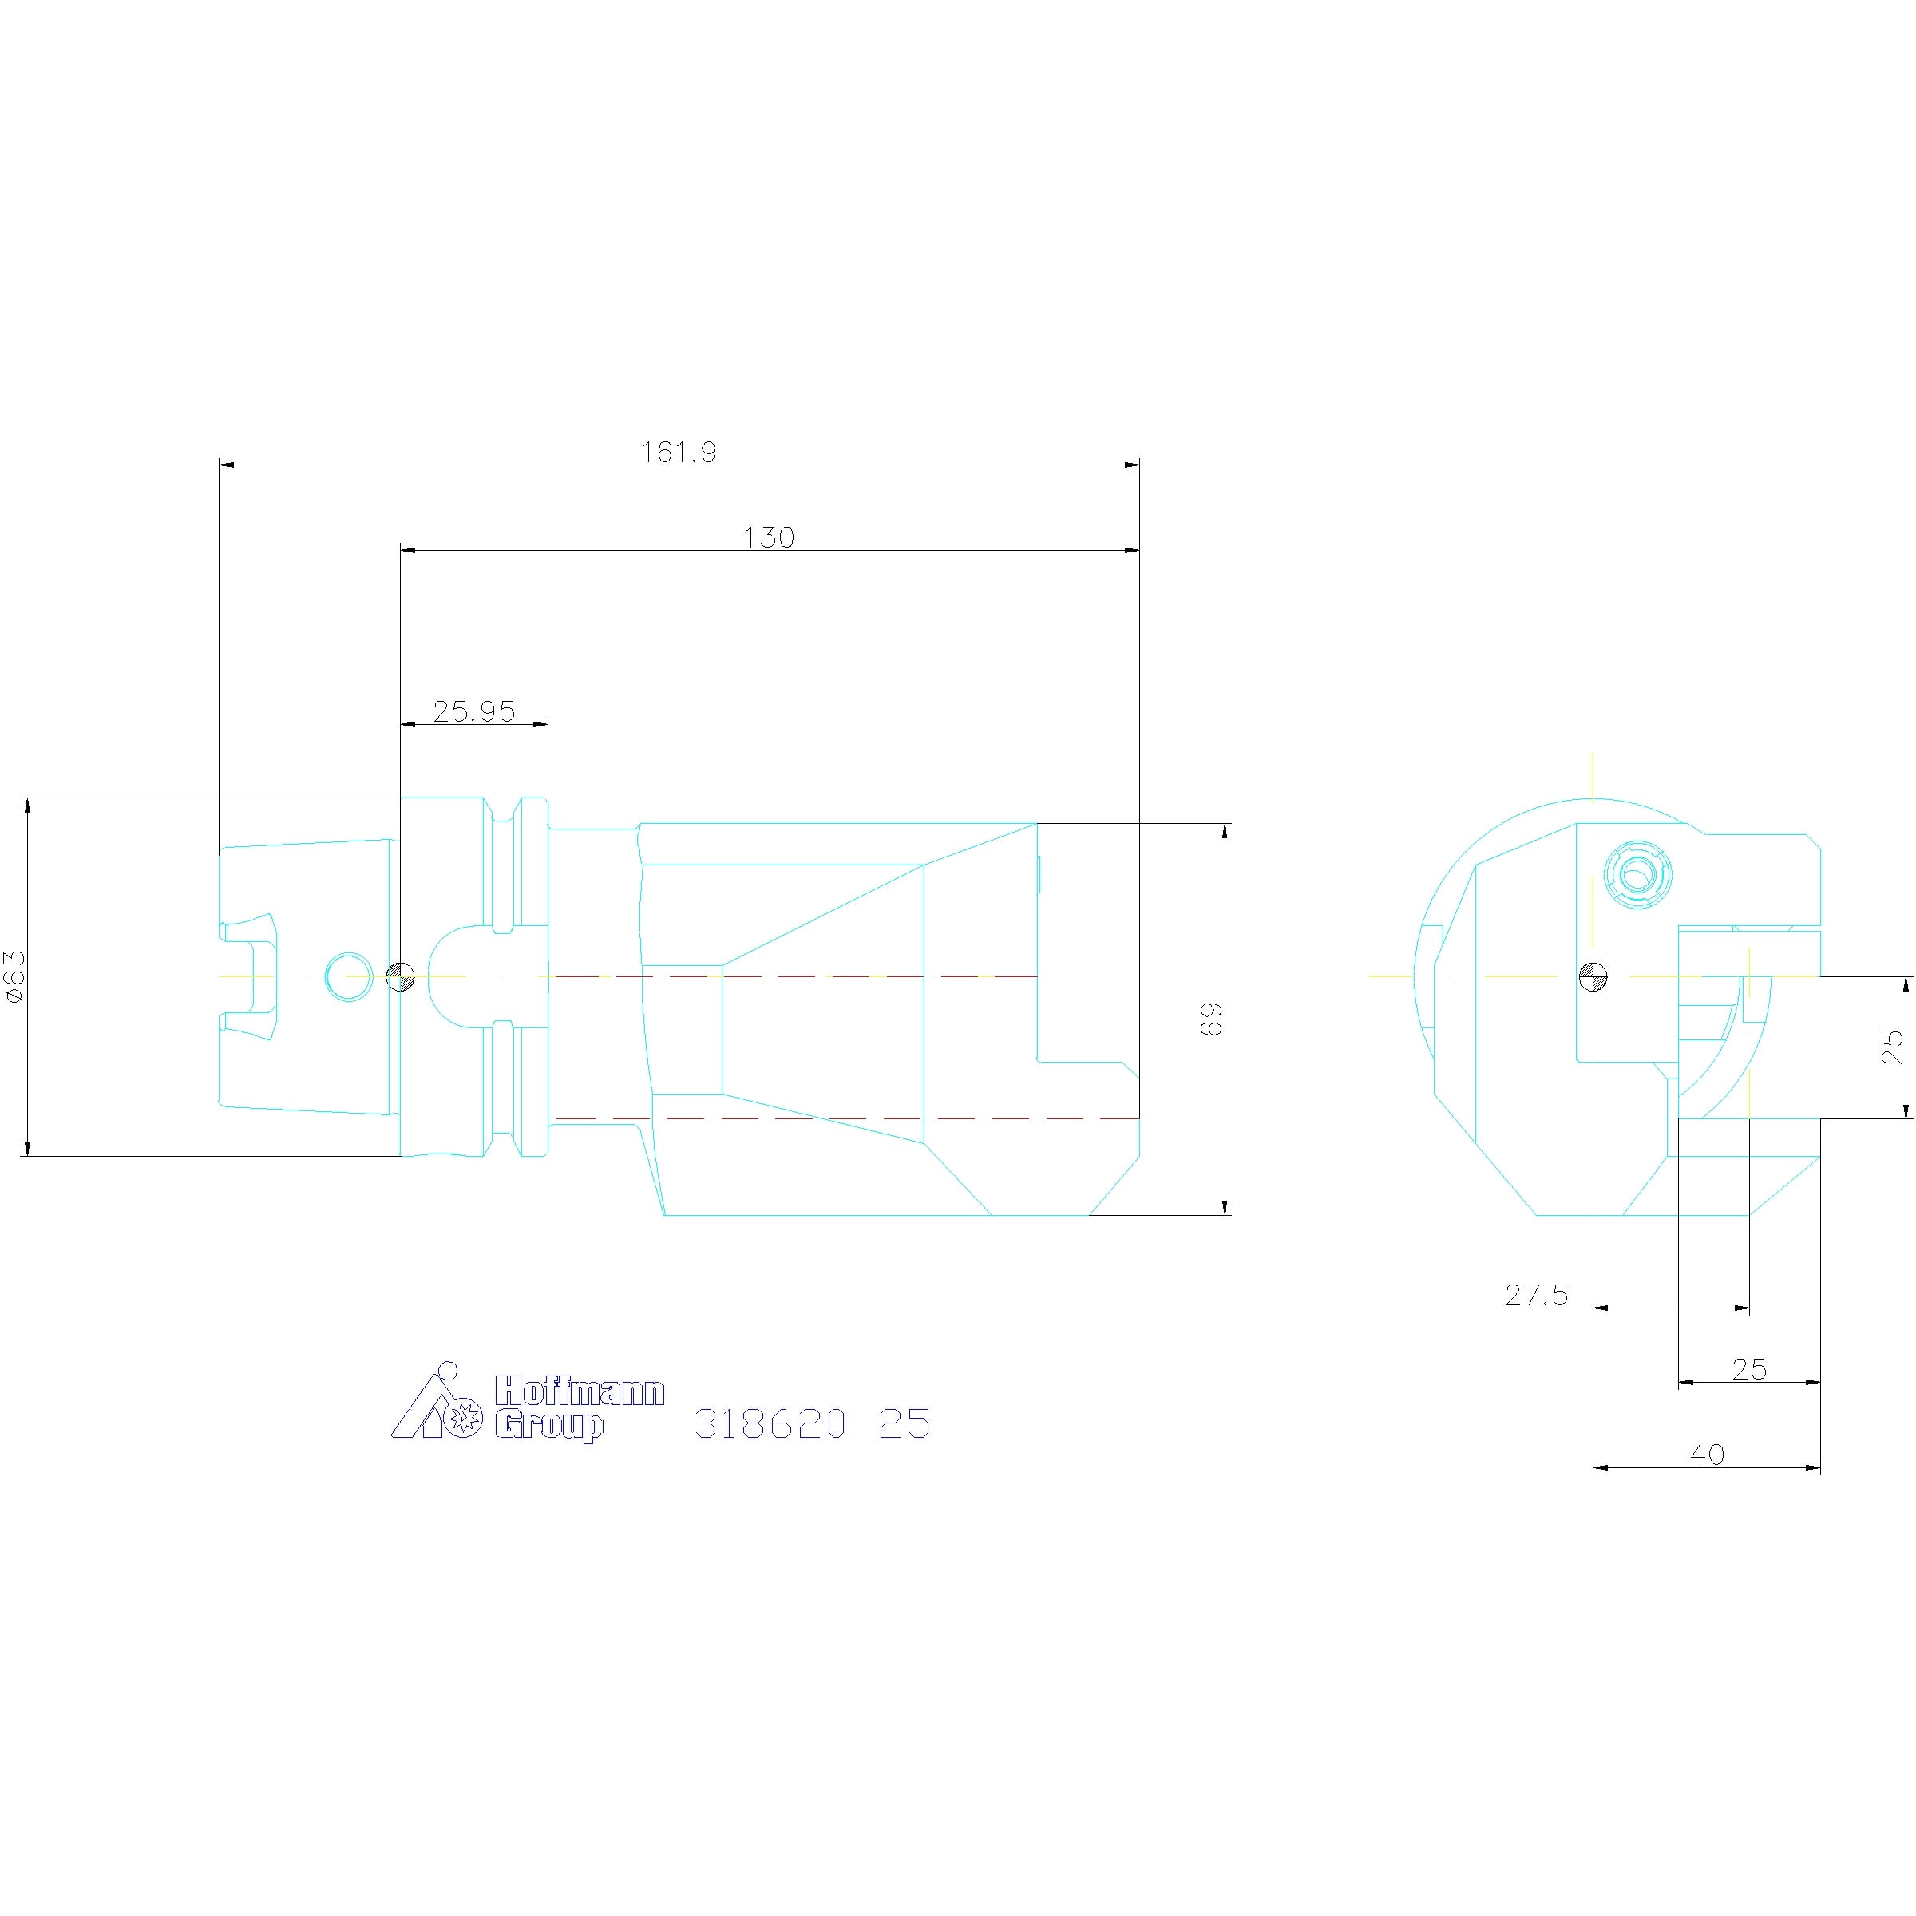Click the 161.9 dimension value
[679, 452]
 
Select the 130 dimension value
[769, 537]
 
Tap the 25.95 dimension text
[474, 711]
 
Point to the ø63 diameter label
[14, 977]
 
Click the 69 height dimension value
[1212, 1019]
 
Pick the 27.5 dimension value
[1536, 1295]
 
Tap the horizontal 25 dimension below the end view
[1749, 1370]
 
